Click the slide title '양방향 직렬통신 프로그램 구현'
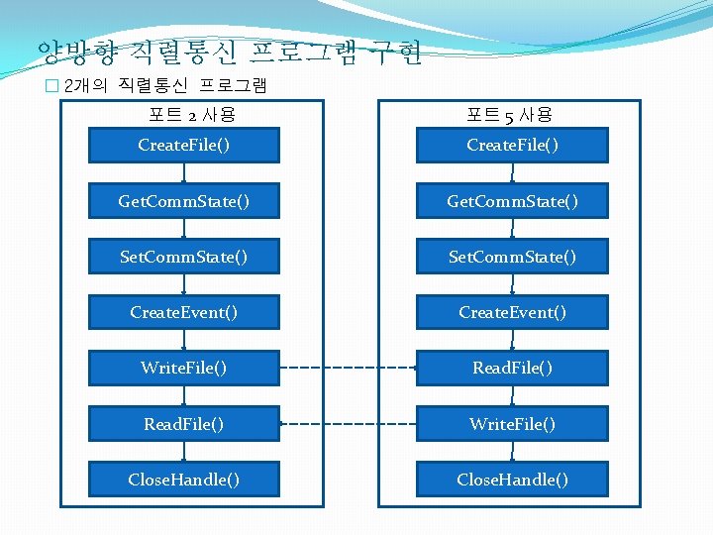pos(229,51)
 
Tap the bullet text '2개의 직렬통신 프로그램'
pos(164,86)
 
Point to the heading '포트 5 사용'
pos(512,116)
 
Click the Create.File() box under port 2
pos(183,146)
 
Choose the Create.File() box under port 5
pos(512,146)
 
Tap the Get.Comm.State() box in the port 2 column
pos(183,201)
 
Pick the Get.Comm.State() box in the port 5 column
pos(512,201)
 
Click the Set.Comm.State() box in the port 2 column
pos(183,257)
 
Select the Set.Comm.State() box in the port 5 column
pos(512,257)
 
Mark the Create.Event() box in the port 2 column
pos(183,312)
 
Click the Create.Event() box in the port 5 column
pos(512,312)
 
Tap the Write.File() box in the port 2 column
pos(183,368)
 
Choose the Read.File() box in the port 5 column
pos(512,368)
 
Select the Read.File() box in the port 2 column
pos(183,423)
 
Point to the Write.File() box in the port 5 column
pos(512,423)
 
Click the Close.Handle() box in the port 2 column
pos(183,480)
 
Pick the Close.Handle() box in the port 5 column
pos(512,480)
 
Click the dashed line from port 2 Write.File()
pos(347,369)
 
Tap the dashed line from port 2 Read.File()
pos(347,424)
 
